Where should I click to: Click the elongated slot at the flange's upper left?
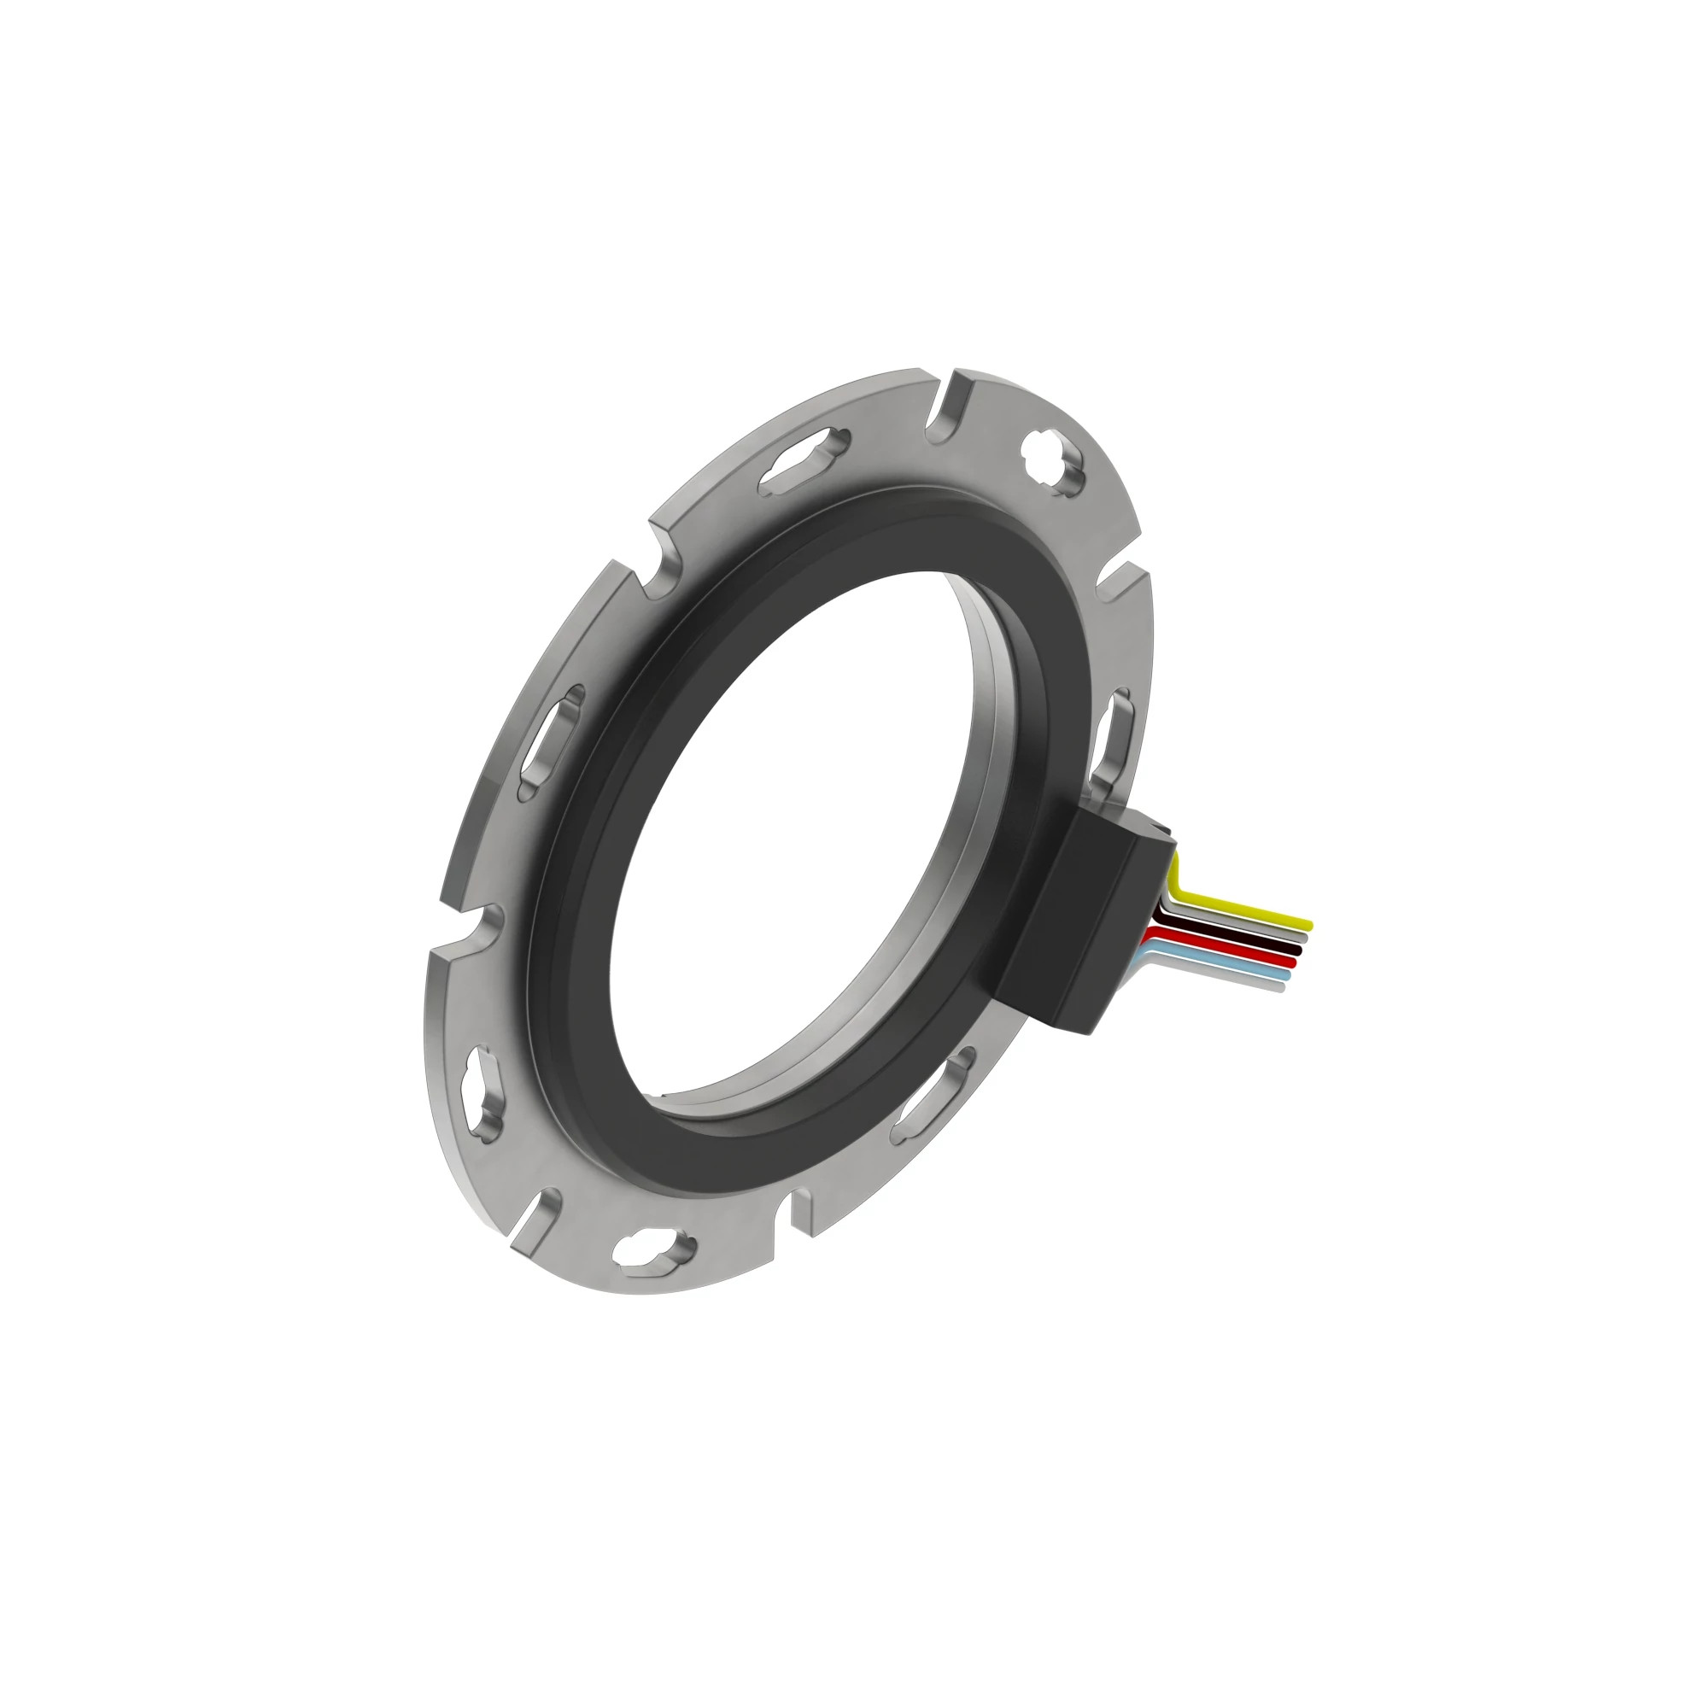(x=804, y=460)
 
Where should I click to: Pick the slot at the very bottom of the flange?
(x=653, y=1250)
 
